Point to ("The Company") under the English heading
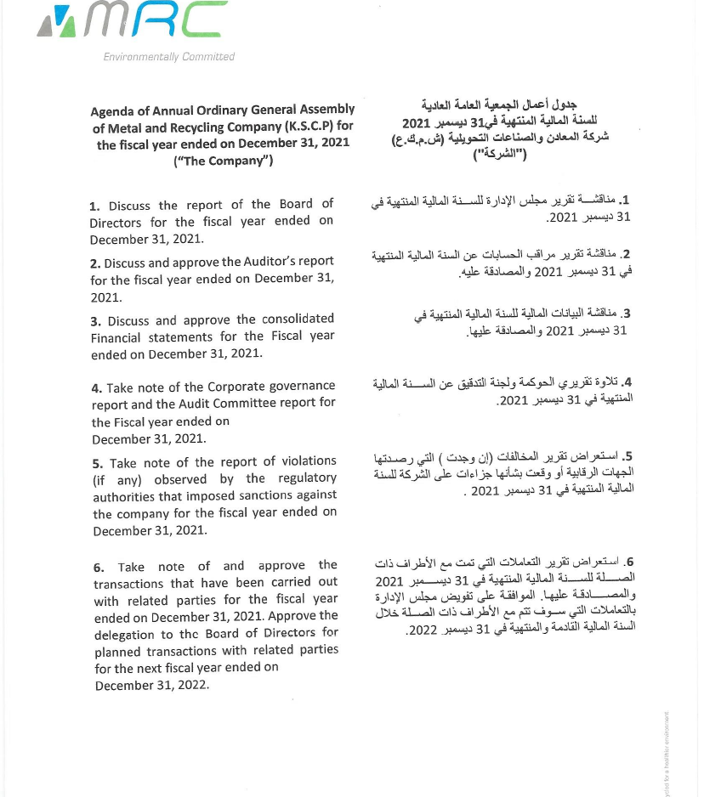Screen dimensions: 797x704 (x=223, y=161)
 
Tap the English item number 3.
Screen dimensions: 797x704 (x=95, y=320)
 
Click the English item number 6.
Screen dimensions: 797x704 (x=99, y=567)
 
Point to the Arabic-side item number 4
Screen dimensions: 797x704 (x=627, y=382)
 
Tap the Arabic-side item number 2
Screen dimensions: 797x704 (x=627, y=254)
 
